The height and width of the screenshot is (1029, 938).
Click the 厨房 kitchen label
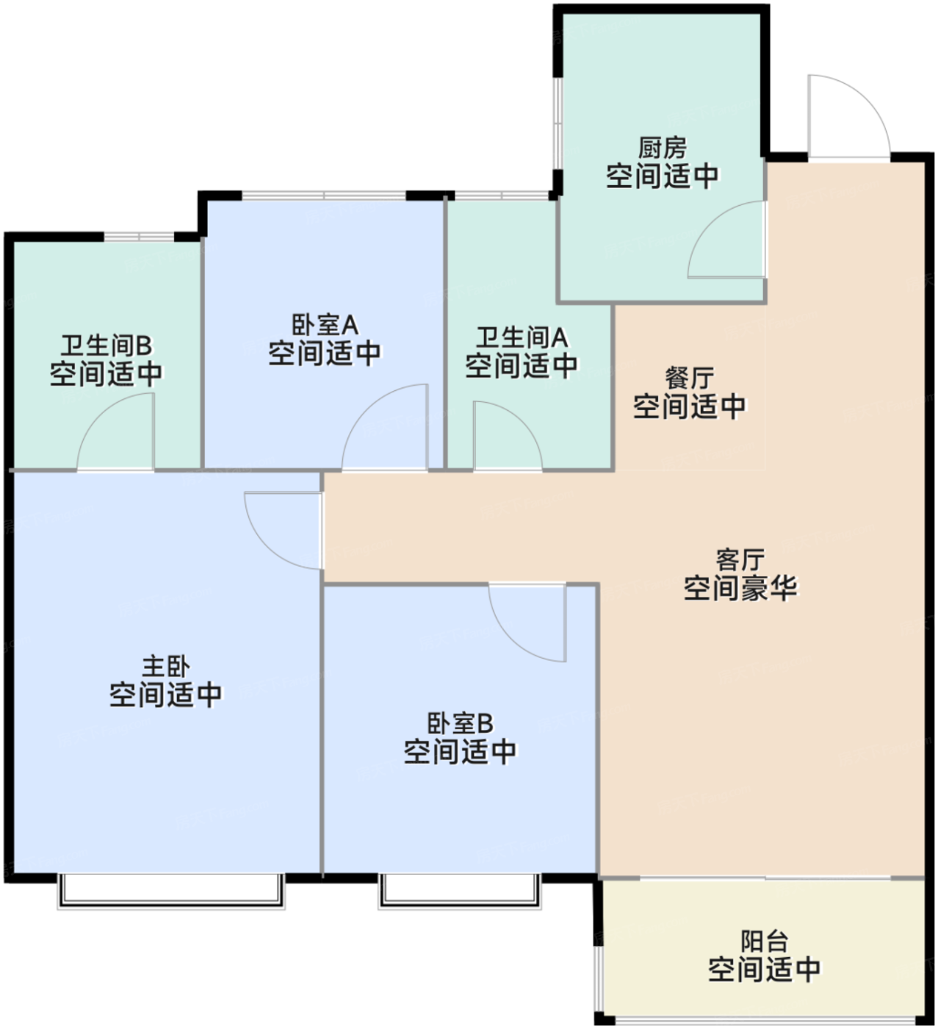[662, 148]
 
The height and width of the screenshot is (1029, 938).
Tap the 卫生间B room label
[106, 345]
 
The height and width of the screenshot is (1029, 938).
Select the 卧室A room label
[325, 324]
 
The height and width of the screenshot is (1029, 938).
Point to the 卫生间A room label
[522, 337]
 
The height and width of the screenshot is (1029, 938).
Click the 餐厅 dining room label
[689, 378]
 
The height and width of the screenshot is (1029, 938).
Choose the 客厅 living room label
[740, 559]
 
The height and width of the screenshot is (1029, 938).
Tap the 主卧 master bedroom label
[165, 667]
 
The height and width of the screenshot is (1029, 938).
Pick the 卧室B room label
[460, 723]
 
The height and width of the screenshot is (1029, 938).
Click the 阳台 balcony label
[764, 941]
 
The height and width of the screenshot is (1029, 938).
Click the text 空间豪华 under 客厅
[740, 588]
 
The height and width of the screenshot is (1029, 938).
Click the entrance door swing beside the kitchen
[848, 118]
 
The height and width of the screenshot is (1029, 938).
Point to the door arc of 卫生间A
[506, 437]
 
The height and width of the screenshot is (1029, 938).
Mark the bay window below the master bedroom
[170, 890]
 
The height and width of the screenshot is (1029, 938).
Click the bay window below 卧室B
[460, 890]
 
